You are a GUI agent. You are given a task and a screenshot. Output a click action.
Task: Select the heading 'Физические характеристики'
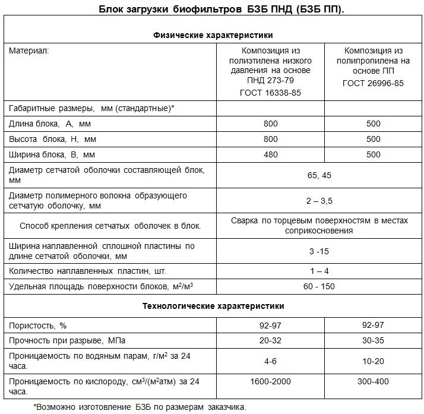coord(213,35)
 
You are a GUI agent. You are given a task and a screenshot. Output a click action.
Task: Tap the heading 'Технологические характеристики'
coord(213,306)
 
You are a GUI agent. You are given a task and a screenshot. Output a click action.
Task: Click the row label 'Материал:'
coord(29,51)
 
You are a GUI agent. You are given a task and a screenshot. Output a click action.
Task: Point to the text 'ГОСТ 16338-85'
coord(270,93)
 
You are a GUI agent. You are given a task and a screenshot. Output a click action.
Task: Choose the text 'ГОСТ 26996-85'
coord(373,84)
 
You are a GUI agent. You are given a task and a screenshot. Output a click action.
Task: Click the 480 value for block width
coord(270,154)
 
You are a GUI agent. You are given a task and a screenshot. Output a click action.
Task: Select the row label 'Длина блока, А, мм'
coord(50,124)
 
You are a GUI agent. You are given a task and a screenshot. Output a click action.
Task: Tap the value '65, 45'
coord(319,175)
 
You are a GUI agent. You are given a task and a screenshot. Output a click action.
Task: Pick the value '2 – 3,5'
coord(319,201)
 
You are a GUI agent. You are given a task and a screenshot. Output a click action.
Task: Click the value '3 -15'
coord(319,251)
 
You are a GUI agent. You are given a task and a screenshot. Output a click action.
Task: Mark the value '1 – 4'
coord(319,271)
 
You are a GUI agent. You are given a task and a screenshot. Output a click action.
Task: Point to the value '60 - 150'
coord(319,286)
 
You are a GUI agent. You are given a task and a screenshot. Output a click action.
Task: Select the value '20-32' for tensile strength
coord(270,341)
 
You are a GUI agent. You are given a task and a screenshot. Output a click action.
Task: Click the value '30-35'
coord(373,341)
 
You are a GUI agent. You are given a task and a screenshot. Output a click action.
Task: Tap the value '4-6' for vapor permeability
coord(270,361)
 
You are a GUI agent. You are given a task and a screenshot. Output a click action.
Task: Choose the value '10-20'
coord(373,361)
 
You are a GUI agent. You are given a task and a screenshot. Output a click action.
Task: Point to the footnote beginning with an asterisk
coord(139,407)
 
